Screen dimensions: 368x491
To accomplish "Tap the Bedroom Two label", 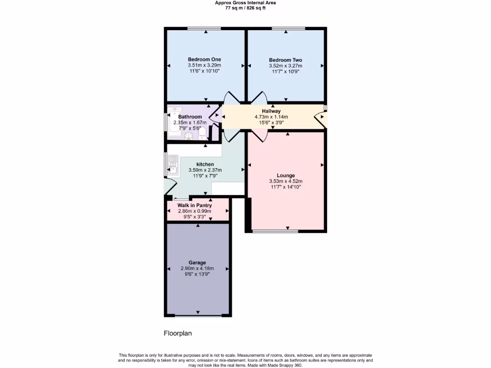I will pos(286,60).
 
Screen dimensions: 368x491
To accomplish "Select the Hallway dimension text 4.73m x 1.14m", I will pos(271,116).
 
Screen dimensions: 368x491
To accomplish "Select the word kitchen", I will pos(205,164).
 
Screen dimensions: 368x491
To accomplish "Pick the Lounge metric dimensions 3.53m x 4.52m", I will pos(286,181).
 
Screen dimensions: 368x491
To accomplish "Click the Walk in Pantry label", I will pos(195,206).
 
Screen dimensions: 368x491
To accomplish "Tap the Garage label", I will pos(197,263).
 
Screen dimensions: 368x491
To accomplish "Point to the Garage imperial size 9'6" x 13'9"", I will pos(197,274).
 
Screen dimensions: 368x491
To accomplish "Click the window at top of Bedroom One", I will pos(204,29).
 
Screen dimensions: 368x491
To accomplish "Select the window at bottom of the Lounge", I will pos(275,232).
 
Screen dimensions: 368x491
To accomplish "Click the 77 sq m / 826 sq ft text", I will pos(245,8).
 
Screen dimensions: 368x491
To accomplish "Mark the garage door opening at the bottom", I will pos(198,316).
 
